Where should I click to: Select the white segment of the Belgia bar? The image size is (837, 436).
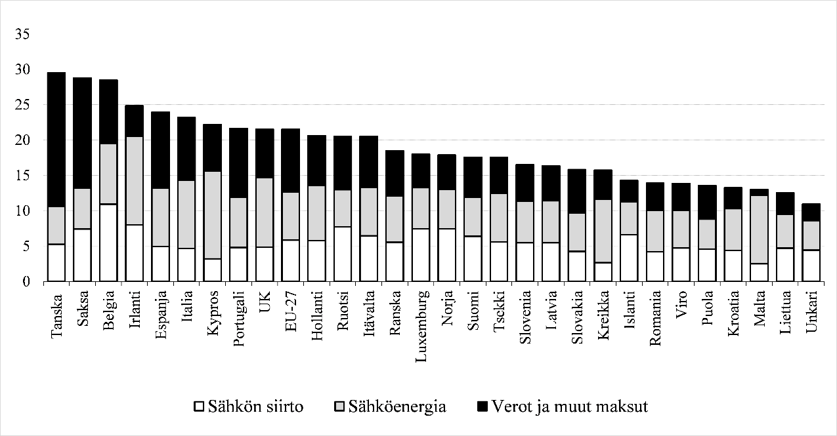[x=108, y=243]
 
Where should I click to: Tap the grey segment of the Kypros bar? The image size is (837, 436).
[x=212, y=215]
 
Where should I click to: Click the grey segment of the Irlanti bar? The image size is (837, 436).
[x=134, y=181]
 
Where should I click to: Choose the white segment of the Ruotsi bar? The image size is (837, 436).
[x=342, y=254]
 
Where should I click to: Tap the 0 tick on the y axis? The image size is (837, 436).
[x=26, y=282]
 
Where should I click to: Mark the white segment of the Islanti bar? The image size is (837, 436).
[x=628, y=258]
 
